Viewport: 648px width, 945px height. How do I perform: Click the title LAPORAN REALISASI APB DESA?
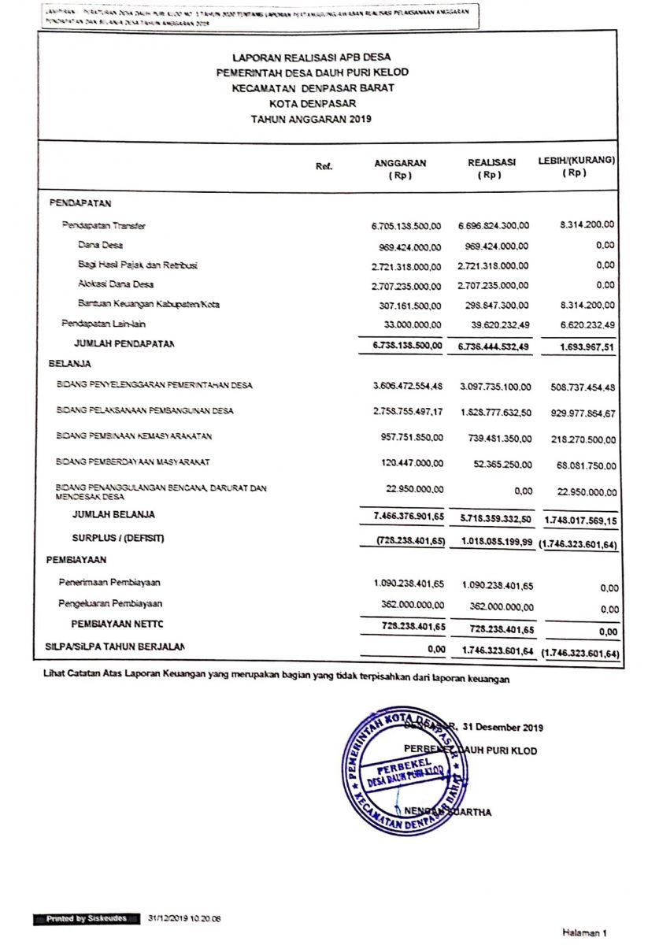pyautogui.click(x=312, y=57)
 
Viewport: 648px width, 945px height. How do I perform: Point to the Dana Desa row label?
pyautogui.click(x=95, y=246)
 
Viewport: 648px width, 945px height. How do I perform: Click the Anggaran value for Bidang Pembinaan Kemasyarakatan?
pyautogui.click(x=407, y=437)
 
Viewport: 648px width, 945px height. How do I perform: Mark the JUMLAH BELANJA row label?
pyautogui.click(x=113, y=515)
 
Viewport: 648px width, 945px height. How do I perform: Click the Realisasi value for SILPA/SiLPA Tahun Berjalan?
pyautogui.click(x=494, y=651)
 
